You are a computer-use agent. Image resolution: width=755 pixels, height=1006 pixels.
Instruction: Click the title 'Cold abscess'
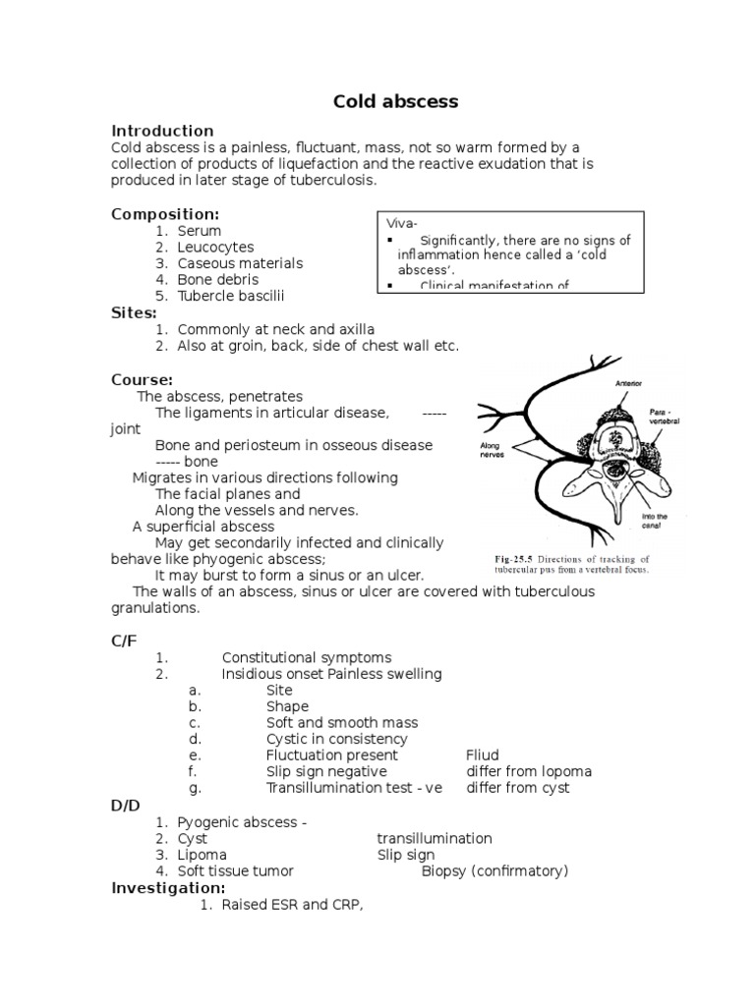(382, 101)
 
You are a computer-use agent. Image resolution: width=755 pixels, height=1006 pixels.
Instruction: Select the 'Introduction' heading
(162, 131)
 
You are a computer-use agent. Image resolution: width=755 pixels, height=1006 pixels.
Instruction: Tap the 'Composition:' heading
(164, 214)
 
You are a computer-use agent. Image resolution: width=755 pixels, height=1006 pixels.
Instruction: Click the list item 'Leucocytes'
(215, 248)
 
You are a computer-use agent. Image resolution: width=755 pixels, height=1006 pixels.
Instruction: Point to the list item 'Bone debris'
(218, 279)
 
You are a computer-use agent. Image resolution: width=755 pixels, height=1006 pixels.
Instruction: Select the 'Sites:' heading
(134, 312)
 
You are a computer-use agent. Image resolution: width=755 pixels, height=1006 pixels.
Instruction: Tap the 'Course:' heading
(142, 379)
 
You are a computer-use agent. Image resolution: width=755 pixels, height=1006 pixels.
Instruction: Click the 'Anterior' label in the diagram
(629, 383)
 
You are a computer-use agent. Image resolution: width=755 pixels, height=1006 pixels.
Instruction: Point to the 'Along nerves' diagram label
(492, 450)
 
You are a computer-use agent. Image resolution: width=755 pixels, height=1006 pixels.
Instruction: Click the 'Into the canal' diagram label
(654, 522)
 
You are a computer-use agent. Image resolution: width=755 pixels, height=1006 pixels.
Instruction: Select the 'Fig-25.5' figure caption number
(515, 558)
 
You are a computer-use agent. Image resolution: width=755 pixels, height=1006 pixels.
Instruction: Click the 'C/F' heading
(124, 641)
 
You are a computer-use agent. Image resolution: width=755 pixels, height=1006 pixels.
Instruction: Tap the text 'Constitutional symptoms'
(307, 657)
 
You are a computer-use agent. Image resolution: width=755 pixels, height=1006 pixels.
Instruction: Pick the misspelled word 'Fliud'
(483, 755)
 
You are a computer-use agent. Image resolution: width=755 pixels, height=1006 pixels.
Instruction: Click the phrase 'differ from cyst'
(517, 788)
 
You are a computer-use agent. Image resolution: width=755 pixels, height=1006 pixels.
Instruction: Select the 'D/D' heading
(125, 805)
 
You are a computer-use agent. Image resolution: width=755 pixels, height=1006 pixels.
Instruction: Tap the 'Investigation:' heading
(168, 887)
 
